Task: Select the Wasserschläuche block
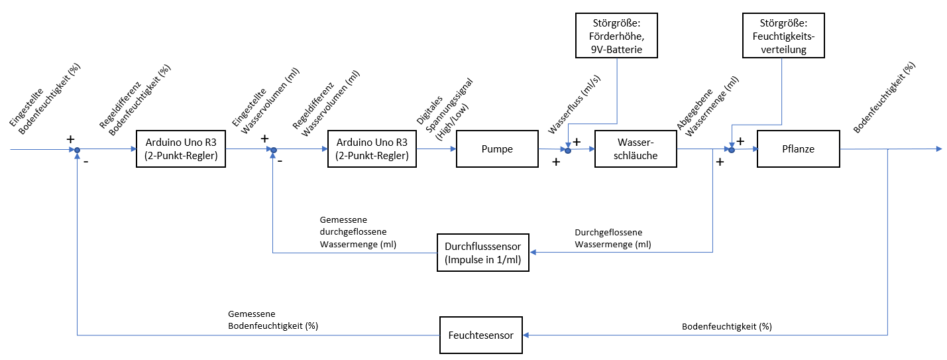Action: tap(636, 149)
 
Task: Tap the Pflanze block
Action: tap(798, 149)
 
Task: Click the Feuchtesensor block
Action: tap(481, 335)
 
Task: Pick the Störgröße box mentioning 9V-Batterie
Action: tap(616, 34)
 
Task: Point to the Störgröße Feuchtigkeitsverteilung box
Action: tap(783, 34)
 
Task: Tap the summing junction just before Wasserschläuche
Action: tap(568, 150)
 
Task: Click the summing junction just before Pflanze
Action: tap(732, 150)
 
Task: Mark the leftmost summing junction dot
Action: tap(78, 150)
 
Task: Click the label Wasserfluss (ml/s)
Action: tap(565, 109)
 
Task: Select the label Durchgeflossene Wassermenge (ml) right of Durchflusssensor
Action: tap(613, 239)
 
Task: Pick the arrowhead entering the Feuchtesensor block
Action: tap(528, 335)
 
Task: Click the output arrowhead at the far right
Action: tap(938, 149)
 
